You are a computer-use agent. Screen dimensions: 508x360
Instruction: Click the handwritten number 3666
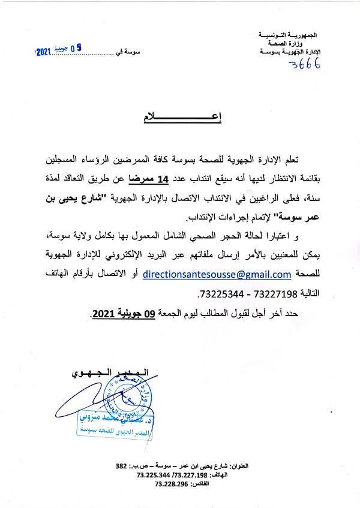pyautogui.click(x=304, y=64)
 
